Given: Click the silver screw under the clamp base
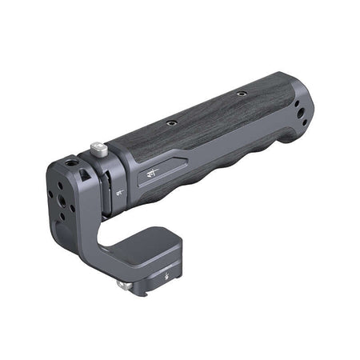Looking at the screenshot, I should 122,283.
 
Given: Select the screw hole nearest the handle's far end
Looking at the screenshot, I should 241,94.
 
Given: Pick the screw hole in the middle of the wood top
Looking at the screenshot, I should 170,123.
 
